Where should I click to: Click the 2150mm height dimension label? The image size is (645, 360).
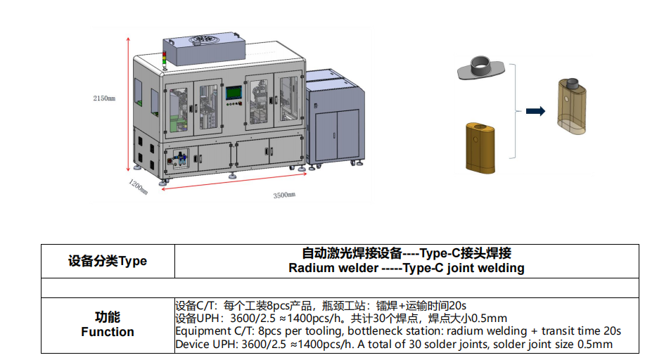point(103,98)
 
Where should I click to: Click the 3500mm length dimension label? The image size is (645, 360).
point(284,195)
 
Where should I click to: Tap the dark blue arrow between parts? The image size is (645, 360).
point(536,110)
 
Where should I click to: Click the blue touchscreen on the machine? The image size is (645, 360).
point(233,93)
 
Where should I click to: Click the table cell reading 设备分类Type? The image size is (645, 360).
point(108,261)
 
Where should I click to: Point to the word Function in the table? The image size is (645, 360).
point(108,332)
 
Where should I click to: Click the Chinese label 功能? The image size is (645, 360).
point(108,317)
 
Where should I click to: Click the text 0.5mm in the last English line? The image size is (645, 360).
point(595,345)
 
